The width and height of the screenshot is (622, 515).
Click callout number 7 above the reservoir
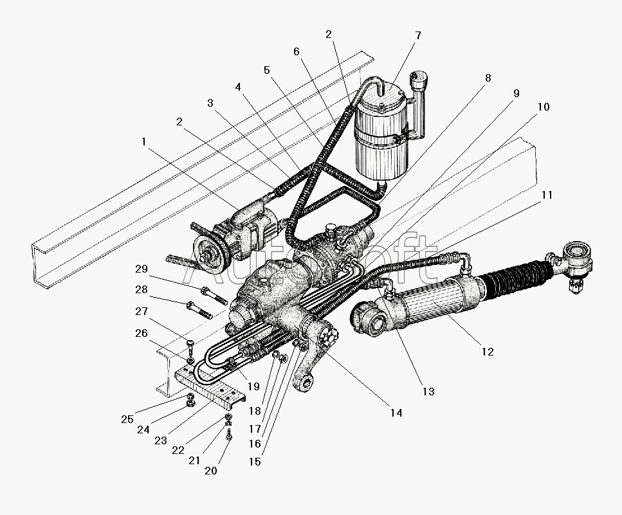(417, 35)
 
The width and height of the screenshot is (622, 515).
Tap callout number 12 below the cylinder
(488, 352)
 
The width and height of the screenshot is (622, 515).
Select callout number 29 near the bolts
(142, 269)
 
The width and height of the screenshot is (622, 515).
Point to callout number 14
(396, 413)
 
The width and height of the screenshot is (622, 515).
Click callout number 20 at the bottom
(211, 471)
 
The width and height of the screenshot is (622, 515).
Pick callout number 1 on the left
(143, 141)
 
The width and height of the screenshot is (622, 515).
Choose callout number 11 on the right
(547, 195)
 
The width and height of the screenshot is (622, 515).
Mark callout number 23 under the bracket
(161, 440)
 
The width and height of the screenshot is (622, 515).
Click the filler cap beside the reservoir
(419, 80)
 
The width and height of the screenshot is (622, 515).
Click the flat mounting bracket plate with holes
(210, 386)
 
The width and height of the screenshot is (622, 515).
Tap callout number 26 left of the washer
(142, 334)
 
